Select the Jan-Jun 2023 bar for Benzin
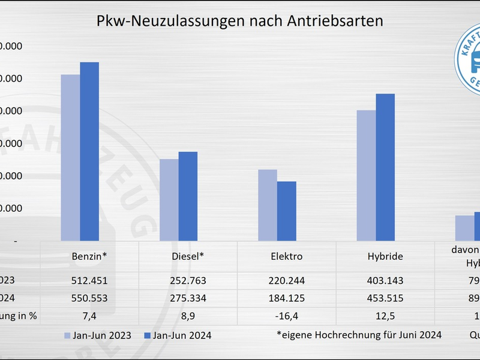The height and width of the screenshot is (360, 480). pyautogui.click(x=70, y=158)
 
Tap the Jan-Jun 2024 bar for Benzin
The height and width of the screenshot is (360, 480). pyautogui.click(x=89, y=151)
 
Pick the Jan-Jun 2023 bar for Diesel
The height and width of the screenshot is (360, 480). pyautogui.click(x=169, y=200)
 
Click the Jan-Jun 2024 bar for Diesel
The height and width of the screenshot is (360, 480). pyautogui.click(x=188, y=196)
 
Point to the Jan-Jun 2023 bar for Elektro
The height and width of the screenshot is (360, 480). pyautogui.click(x=268, y=205)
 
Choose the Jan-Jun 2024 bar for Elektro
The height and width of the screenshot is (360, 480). pyautogui.click(x=286, y=211)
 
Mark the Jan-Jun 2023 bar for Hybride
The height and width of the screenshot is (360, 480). pyautogui.click(x=366, y=175)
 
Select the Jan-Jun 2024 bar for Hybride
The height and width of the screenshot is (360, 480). pyautogui.click(x=385, y=167)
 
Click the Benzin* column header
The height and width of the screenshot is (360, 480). pyautogui.click(x=89, y=256)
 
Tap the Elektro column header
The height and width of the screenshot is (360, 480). pyautogui.click(x=286, y=256)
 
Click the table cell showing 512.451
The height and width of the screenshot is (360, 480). pyautogui.click(x=89, y=280)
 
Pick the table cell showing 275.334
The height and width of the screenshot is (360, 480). pyautogui.click(x=188, y=298)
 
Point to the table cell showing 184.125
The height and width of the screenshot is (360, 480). pyautogui.click(x=286, y=298)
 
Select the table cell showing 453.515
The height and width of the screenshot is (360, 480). pyautogui.click(x=385, y=298)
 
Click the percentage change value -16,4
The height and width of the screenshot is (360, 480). pyautogui.click(x=286, y=316)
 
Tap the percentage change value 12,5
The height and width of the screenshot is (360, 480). pyautogui.click(x=385, y=316)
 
